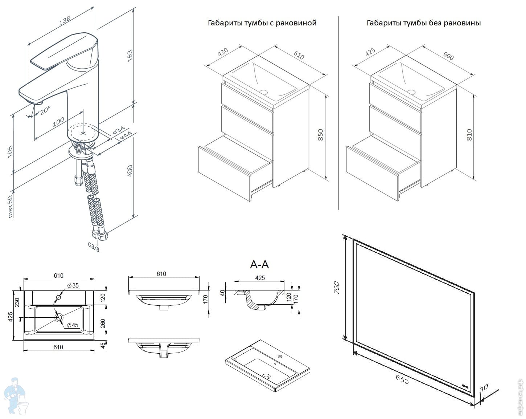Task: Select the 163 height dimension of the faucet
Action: [x=130, y=56]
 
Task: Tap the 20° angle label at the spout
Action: [x=45, y=110]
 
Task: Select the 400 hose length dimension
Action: [x=130, y=171]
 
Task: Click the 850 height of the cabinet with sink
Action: [x=320, y=135]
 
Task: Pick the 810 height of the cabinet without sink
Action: [x=469, y=135]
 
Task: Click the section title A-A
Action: [x=259, y=264]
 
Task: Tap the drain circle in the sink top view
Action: [x=59, y=317]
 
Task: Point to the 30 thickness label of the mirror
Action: [x=484, y=389]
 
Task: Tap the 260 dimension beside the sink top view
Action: [x=103, y=322]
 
